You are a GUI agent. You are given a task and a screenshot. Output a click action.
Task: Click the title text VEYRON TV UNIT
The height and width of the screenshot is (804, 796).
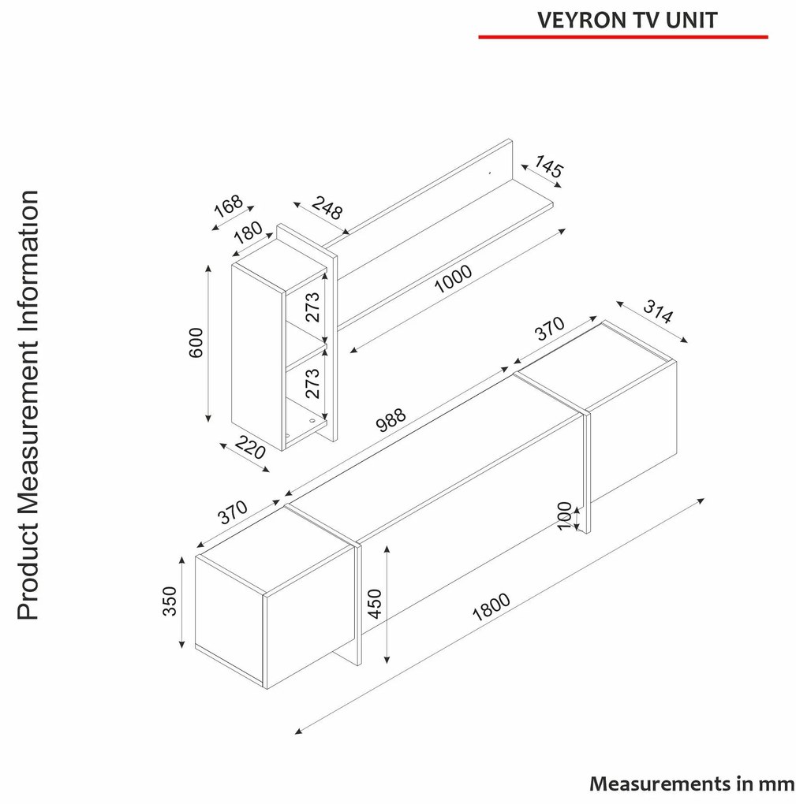[x=627, y=20]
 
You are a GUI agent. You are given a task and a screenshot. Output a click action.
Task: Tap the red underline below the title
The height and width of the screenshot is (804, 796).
[x=623, y=37]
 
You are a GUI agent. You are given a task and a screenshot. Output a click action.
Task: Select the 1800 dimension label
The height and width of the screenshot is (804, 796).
[x=491, y=607]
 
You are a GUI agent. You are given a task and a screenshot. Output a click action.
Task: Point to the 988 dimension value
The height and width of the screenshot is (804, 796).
[x=391, y=420]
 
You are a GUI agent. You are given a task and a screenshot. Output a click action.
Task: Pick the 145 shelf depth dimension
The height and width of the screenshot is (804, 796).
[x=549, y=166]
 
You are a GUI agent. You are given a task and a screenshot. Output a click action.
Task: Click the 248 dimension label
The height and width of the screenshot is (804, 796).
[x=327, y=207]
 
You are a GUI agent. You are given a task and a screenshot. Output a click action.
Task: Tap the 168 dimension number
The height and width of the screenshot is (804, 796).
[x=228, y=207]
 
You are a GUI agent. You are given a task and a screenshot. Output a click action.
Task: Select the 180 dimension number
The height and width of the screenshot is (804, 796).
[x=249, y=232]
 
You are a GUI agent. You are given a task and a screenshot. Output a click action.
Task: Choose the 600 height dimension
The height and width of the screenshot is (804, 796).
[x=196, y=343]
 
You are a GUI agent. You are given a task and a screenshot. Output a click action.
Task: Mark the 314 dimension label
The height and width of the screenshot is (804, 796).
[x=658, y=312]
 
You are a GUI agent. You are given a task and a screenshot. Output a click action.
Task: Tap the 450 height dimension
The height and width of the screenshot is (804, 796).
[x=376, y=604]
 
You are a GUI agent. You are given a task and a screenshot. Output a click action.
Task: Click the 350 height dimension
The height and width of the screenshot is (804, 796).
[x=170, y=601]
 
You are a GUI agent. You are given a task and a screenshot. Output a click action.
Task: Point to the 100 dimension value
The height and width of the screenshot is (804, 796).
[x=564, y=516]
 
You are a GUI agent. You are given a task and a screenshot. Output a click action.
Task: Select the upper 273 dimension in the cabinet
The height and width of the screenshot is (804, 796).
[x=312, y=307]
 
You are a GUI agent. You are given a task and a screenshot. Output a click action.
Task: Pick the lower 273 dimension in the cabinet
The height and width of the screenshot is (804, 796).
[x=312, y=384]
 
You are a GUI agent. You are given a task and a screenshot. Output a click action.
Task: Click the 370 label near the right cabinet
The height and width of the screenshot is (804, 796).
[x=550, y=329]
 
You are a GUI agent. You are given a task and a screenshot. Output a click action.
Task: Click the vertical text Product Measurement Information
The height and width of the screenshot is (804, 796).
[x=28, y=405]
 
